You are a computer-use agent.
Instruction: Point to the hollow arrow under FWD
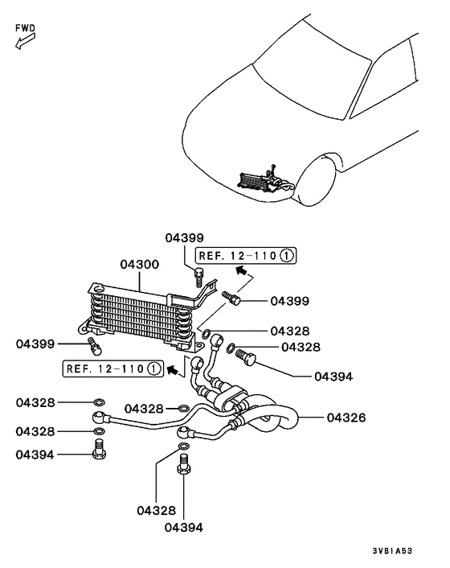(22, 42)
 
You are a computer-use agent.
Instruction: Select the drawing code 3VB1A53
(392, 552)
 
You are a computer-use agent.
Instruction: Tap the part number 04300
(140, 264)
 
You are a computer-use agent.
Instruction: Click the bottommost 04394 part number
(183, 528)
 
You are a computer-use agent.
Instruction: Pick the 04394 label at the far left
(35, 455)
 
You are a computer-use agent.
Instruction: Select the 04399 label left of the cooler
(35, 344)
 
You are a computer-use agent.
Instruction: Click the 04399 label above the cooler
(185, 238)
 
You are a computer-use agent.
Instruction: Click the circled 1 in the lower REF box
(154, 369)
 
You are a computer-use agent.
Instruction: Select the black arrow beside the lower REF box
(171, 369)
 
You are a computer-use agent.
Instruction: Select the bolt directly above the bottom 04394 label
(183, 464)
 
